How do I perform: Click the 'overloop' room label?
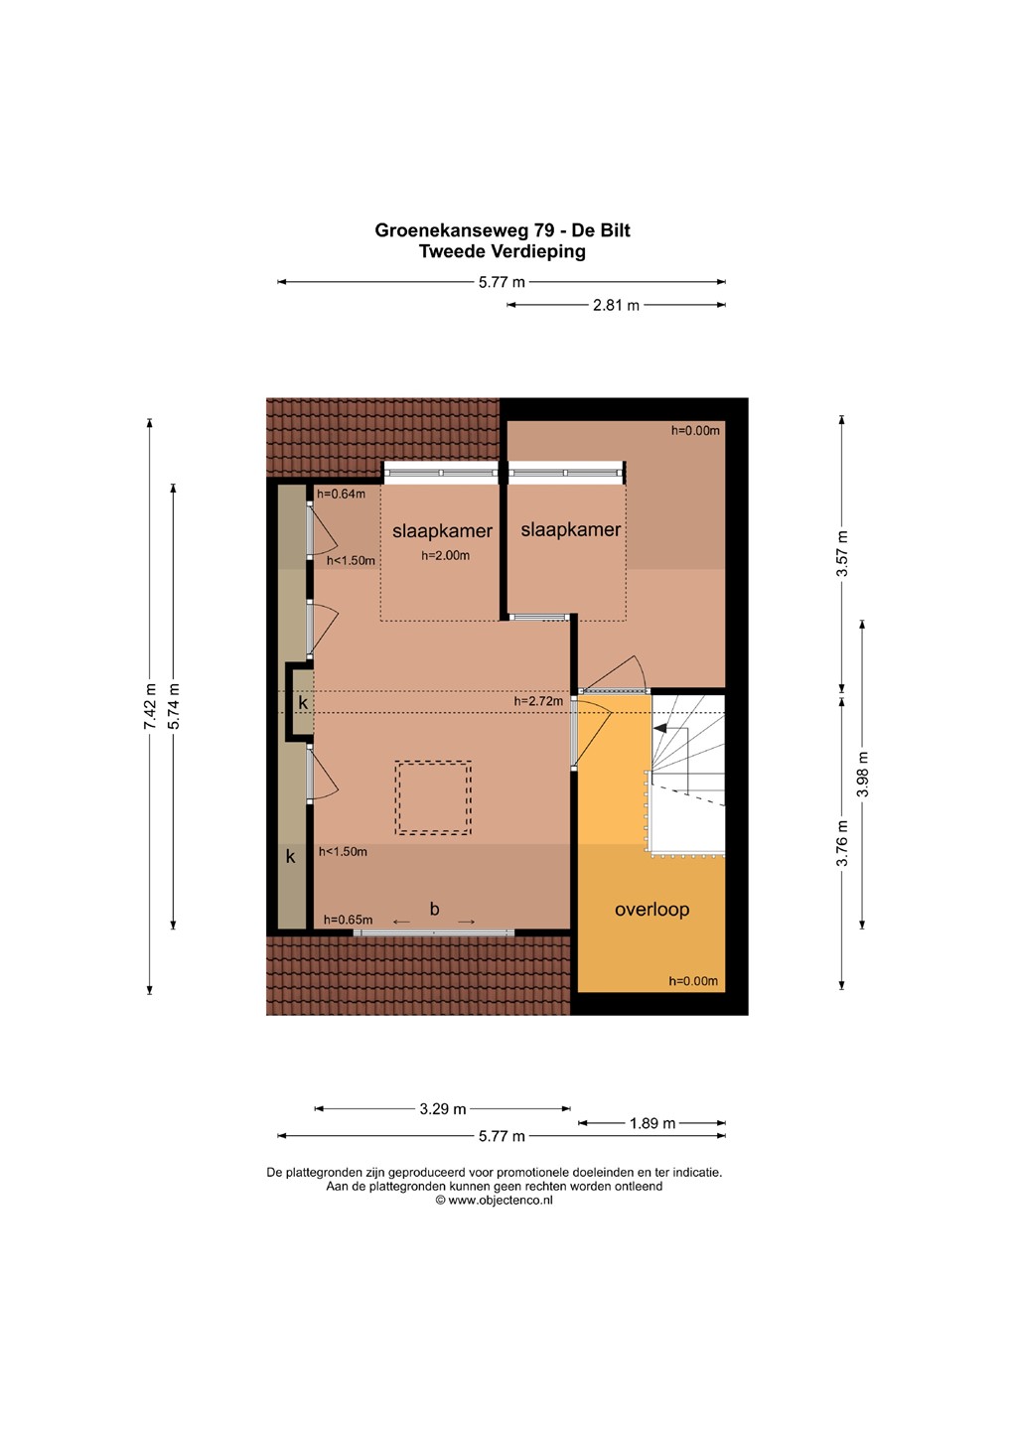click(651, 910)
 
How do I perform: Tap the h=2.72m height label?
click(539, 701)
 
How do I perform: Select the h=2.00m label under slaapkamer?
click(445, 555)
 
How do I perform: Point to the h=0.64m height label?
click(341, 494)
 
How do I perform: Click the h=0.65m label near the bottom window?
click(348, 920)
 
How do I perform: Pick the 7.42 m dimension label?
click(149, 707)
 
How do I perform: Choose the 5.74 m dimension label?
click(173, 706)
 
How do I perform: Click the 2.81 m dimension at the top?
click(616, 305)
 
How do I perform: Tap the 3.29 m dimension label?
click(443, 1109)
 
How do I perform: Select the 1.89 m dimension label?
click(651, 1123)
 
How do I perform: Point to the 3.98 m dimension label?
click(863, 774)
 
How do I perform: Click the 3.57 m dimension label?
click(842, 553)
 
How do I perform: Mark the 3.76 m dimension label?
click(842, 843)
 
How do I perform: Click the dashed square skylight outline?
click(433, 763)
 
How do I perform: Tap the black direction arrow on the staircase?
click(659, 727)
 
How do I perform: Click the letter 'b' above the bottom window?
click(434, 909)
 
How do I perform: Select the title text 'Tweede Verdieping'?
click(502, 251)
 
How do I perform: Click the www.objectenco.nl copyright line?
click(495, 1201)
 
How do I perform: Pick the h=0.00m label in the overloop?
click(693, 981)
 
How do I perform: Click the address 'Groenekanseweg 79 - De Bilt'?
click(502, 229)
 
